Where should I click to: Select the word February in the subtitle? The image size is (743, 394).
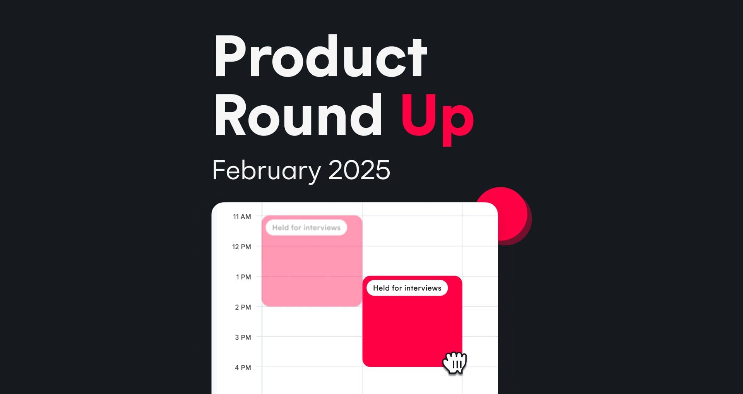point(267,171)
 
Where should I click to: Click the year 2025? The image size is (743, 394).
point(359,170)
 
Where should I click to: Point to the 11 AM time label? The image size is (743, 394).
point(242,217)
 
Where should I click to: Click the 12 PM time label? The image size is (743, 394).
point(241,247)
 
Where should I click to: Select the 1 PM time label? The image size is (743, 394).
point(243,277)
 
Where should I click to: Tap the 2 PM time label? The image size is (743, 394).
point(243,307)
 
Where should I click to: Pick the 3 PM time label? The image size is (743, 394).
point(243,337)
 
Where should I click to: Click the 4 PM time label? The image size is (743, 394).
point(243,368)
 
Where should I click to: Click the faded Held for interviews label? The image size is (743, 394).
point(306,228)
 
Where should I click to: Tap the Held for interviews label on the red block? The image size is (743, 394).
point(407,288)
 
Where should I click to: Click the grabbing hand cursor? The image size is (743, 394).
point(455,363)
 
